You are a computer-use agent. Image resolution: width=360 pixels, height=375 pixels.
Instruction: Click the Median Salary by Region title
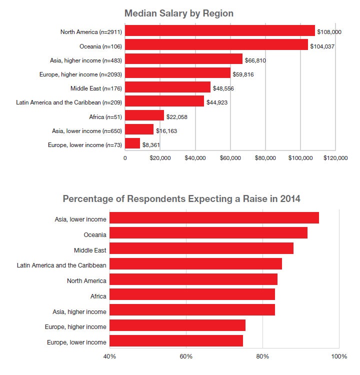pyautogui.click(x=179, y=13)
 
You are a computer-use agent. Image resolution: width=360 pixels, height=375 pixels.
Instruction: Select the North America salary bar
pyautogui.click(x=220, y=31)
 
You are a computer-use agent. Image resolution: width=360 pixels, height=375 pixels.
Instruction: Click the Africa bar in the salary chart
pyautogui.click(x=144, y=115)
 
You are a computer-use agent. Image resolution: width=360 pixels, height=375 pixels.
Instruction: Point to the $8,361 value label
pyautogui.click(x=152, y=144)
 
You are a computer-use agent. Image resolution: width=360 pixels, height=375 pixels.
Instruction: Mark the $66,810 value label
pyautogui.click(x=256, y=60)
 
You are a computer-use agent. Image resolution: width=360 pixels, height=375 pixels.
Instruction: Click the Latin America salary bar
pyautogui.click(x=164, y=102)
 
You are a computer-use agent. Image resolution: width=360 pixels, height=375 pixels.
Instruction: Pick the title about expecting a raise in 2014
pyautogui.click(x=181, y=198)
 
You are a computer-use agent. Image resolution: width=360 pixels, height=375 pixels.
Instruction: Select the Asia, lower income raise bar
pyautogui.click(x=214, y=218)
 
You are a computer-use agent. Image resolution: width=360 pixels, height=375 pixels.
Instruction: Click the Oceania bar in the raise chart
pyautogui.click(x=208, y=233)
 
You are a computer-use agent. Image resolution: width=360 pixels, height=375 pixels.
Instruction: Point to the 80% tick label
pyautogui.click(x=262, y=356)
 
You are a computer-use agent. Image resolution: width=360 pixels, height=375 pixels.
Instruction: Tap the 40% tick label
pyautogui.click(x=109, y=356)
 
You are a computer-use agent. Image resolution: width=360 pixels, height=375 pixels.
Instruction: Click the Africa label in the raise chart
pyautogui.click(x=98, y=296)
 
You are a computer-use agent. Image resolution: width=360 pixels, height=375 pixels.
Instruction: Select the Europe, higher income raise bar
pyautogui.click(x=177, y=326)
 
